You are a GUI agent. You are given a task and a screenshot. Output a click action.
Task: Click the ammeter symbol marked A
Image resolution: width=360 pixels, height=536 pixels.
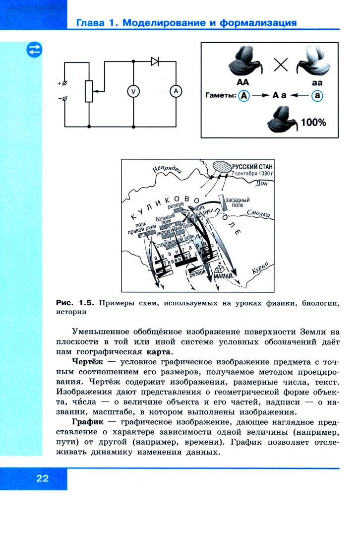tap(175, 91)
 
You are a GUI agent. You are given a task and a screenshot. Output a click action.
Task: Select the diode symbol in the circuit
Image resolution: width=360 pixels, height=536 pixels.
tap(155, 62)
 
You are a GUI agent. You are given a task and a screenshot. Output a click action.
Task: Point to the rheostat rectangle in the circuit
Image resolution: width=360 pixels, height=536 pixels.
tap(89, 91)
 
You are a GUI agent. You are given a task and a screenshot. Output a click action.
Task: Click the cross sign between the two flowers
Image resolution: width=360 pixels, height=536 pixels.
tap(281, 64)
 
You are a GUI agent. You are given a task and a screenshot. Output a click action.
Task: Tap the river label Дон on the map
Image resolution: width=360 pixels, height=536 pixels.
tap(262, 184)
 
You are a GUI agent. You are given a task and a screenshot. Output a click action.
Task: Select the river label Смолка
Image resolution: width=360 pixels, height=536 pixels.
tap(258, 214)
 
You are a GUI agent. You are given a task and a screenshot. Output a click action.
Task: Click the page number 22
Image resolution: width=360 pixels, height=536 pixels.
tap(42, 478)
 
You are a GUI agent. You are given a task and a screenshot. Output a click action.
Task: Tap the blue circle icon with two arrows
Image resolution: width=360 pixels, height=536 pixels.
tap(35, 50)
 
